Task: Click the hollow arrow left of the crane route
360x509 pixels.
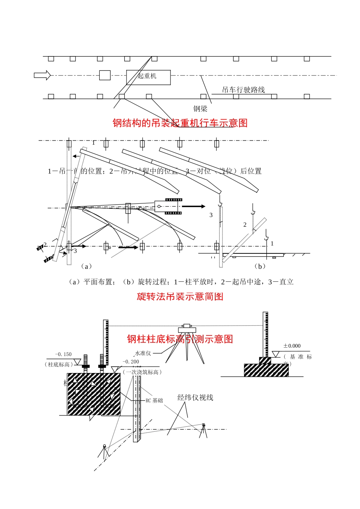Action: coord(42,75)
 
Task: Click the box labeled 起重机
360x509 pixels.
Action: coord(148,77)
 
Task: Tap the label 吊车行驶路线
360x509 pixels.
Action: coord(243,90)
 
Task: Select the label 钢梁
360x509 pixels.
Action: coord(200,109)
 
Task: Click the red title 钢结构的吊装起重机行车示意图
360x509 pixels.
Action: coord(180,123)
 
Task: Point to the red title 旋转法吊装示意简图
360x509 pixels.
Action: coord(180,297)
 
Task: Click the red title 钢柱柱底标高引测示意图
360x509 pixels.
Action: coord(180,339)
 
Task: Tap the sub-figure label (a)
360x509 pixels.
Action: coord(86,267)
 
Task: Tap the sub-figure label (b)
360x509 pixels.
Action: coord(260,267)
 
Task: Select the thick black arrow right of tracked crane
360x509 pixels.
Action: coord(194,206)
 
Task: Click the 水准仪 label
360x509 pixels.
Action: coord(143,353)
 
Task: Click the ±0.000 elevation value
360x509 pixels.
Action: coord(292,346)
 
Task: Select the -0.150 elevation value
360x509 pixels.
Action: coord(63,354)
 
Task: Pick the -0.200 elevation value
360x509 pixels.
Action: coord(131,362)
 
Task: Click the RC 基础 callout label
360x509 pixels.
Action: coord(154,401)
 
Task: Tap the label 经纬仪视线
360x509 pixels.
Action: coord(195,398)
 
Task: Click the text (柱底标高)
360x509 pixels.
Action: coord(59,365)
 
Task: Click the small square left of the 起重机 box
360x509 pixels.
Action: coord(105,75)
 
